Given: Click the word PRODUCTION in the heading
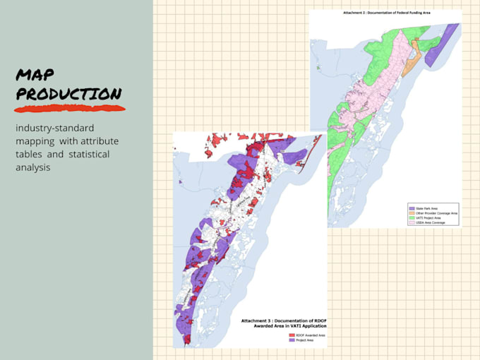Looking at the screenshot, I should coord(68,94).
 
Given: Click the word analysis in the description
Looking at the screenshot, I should coord(32,167).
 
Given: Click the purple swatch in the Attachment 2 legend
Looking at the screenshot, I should coord(411,208).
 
